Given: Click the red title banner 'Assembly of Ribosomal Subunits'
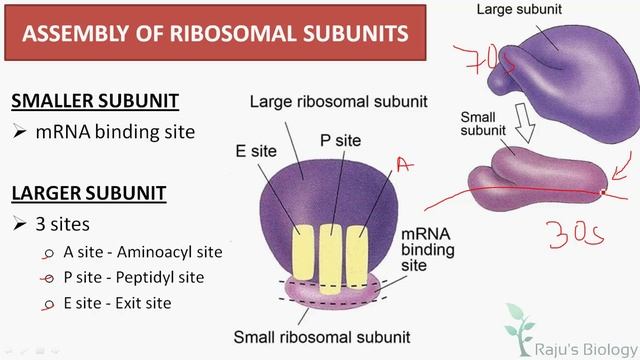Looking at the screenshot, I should (215, 33).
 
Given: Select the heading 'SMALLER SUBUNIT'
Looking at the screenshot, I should (95, 101).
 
